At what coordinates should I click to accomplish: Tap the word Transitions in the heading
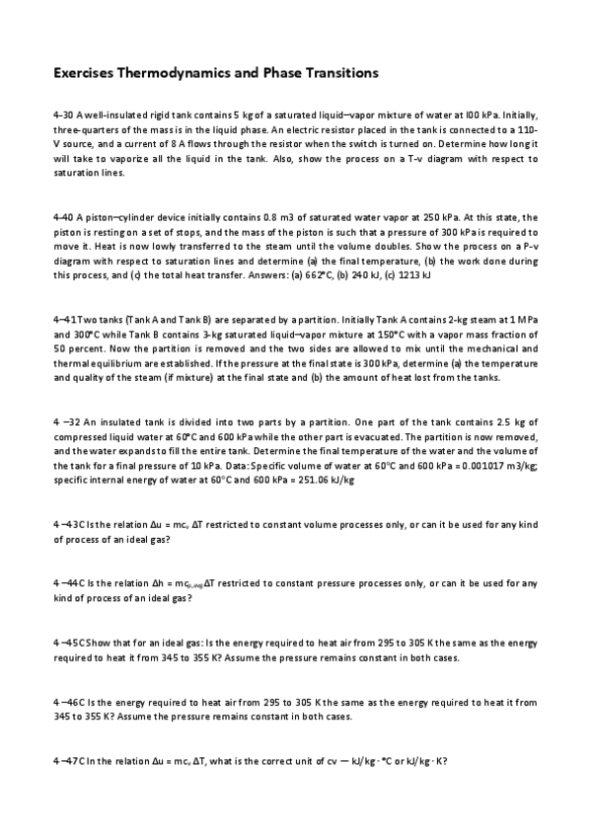click(335, 73)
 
